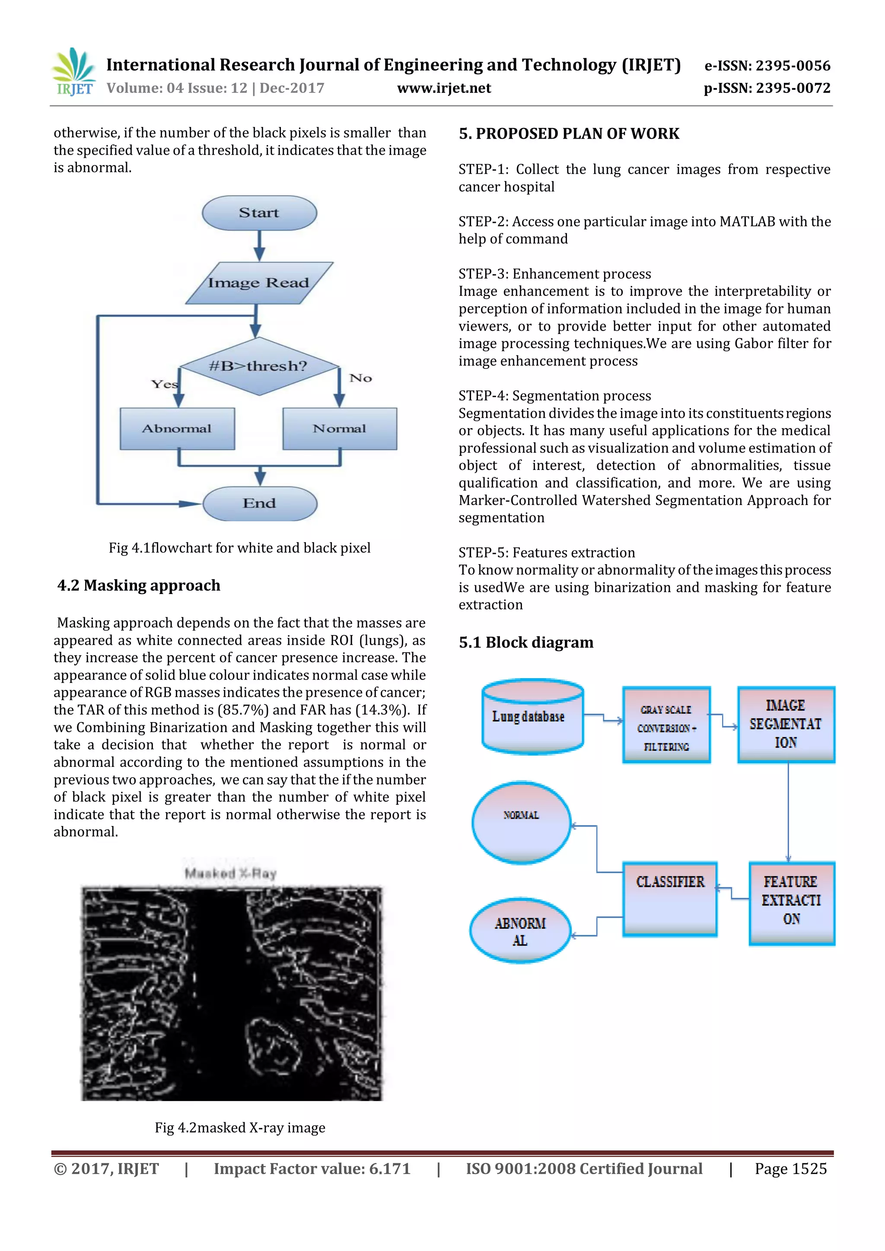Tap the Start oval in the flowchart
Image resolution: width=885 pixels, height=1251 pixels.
(259, 213)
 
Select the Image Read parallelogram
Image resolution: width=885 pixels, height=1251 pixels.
(259, 283)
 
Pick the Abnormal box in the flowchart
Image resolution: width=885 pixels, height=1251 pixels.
(177, 429)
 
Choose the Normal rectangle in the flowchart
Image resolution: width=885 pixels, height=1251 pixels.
(340, 429)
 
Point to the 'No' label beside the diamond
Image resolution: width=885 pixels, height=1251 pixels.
(361, 378)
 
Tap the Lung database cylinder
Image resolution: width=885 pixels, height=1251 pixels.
(532, 717)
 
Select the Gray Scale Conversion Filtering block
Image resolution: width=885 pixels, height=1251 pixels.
(666, 725)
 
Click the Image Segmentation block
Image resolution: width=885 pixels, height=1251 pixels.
(786, 724)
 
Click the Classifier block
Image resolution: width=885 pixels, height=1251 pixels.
(670, 899)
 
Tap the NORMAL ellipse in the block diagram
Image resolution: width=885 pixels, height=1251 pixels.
(522, 823)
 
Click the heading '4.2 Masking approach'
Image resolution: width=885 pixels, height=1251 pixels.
(139, 585)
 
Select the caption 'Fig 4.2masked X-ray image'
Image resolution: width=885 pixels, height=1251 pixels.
(240, 1127)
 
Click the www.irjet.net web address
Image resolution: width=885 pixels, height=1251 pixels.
(444, 88)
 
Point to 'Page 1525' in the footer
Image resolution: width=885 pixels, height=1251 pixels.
(790, 1169)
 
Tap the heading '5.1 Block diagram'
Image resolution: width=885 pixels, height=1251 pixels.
(526, 642)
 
